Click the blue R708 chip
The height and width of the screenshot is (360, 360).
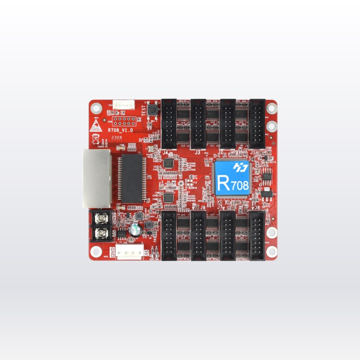click(232, 178)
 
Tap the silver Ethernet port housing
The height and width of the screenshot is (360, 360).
click(97, 178)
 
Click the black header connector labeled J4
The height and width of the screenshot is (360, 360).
click(169, 123)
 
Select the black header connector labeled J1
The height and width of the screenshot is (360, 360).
click(257, 123)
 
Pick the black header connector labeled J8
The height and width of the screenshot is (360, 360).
click(257, 235)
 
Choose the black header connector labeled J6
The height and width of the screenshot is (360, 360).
click(198, 235)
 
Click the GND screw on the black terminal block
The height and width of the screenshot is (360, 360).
click(102, 219)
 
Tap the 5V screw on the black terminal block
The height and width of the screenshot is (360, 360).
click(102, 232)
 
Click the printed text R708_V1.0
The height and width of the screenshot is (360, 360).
click(120, 130)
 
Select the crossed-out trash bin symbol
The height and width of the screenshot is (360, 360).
click(95, 139)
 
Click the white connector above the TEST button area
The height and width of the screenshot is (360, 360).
click(126, 104)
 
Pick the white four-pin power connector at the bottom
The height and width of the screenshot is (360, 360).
click(130, 252)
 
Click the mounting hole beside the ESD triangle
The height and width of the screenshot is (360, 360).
click(96, 108)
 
